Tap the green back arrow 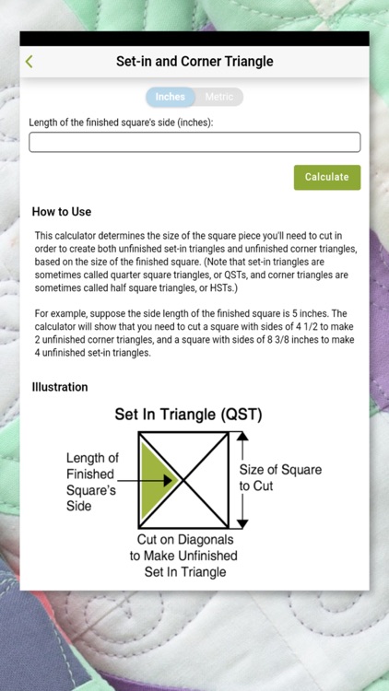29,62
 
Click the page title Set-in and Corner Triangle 194,62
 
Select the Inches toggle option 170,97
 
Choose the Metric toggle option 219,97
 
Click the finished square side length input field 194,142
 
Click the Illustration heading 60,387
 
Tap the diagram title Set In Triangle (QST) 188,415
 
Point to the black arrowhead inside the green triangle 169,479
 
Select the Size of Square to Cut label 280,477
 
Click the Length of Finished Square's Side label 92,482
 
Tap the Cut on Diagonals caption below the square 183,556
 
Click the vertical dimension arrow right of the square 243,479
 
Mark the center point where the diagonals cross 184,479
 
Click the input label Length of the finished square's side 122,122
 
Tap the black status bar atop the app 194,39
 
